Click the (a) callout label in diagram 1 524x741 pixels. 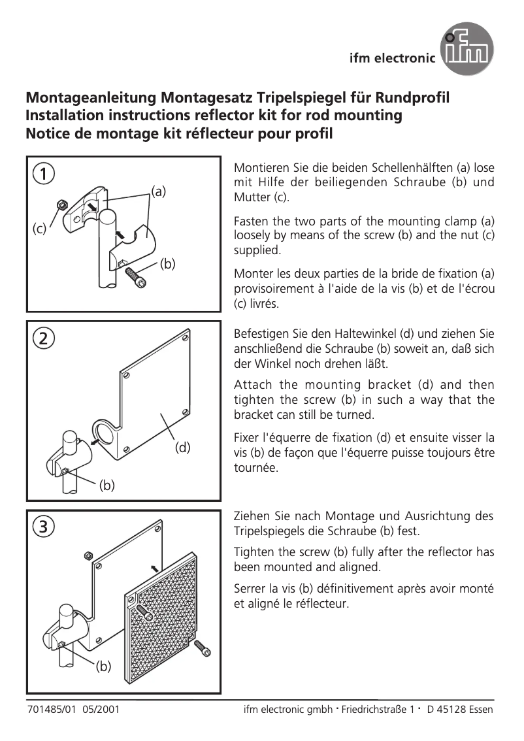(x=159, y=191)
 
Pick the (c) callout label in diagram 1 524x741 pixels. (x=40, y=229)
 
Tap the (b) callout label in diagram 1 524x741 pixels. (x=169, y=264)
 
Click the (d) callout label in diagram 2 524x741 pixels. (x=182, y=448)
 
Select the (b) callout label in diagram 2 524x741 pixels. (x=106, y=485)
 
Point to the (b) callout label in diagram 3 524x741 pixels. (x=104, y=667)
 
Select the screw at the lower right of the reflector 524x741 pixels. (x=203, y=648)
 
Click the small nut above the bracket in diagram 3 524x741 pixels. (x=88, y=556)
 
